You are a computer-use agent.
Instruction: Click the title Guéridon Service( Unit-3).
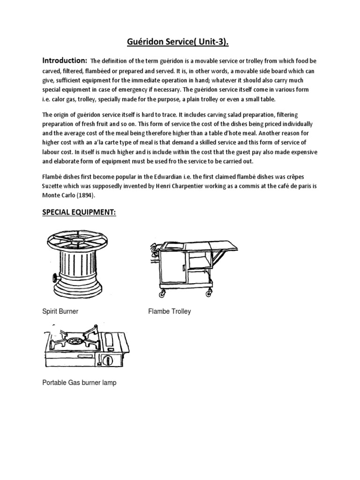[180, 43]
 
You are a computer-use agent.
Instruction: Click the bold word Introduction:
[65, 60]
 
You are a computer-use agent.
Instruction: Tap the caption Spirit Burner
[60, 311]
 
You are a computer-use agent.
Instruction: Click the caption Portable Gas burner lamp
[79, 382]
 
